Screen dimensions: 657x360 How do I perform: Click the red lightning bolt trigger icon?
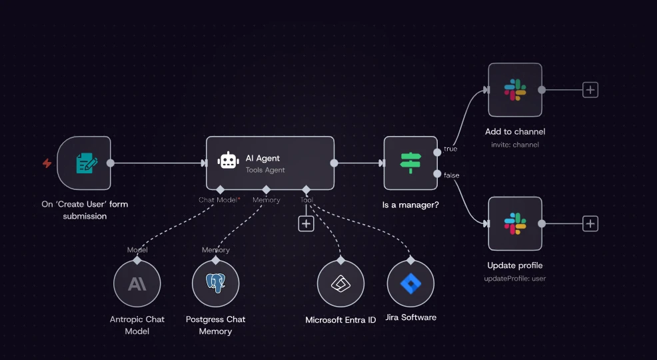point(47,163)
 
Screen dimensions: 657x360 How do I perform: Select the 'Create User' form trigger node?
point(84,163)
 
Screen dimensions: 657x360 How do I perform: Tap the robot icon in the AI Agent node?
point(228,161)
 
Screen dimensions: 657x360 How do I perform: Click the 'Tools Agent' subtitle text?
point(265,170)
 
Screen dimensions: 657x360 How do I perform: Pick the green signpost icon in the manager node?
point(410,163)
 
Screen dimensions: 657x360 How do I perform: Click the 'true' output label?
point(450,149)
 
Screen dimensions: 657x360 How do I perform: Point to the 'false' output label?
point(452,175)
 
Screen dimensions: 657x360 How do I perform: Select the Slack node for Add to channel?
point(515,90)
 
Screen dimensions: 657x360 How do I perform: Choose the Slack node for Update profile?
point(515,223)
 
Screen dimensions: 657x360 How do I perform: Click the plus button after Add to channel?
point(590,90)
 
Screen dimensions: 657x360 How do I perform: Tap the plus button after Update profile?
point(590,224)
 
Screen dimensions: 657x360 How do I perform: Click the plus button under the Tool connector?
point(306,224)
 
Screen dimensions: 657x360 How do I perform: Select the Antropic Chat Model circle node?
point(137,284)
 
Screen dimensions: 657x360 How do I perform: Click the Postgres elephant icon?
point(216,283)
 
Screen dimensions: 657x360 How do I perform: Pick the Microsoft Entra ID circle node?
point(340,284)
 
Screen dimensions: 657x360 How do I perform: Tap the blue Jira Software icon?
point(410,284)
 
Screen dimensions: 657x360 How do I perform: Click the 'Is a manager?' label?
point(410,205)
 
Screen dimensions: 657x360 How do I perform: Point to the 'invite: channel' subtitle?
point(515,145)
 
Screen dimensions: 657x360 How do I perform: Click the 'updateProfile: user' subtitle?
point(515,278)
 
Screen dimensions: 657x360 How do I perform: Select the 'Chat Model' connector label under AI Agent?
point(218,200)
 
